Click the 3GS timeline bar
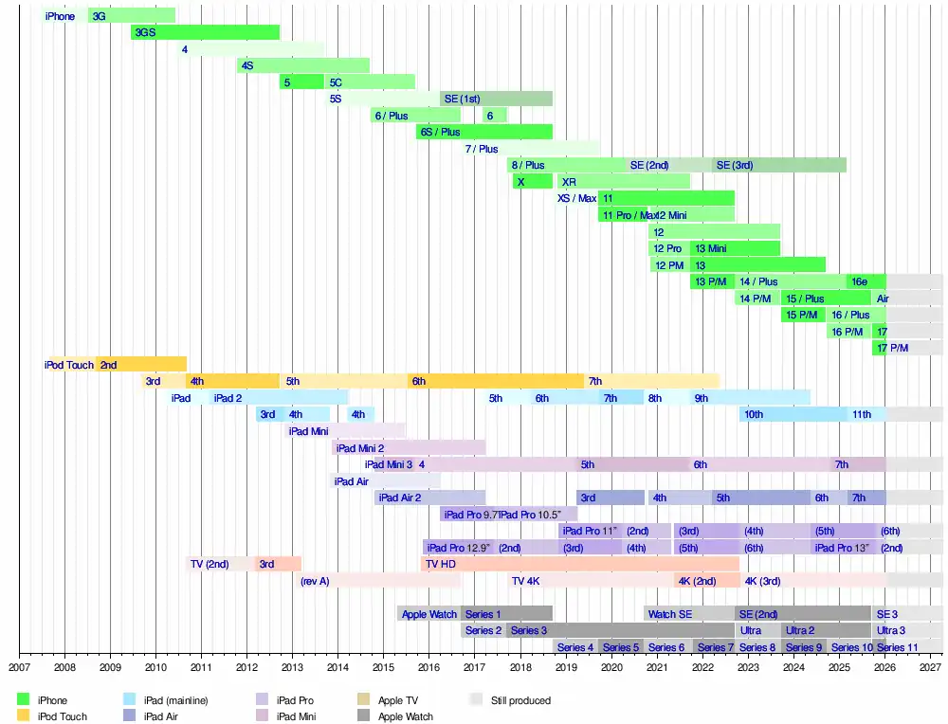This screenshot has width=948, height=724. point(205,32)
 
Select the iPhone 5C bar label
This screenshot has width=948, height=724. point(336,82)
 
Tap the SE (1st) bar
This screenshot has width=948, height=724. point(496,99)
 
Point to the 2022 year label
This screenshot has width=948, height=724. point(702,666)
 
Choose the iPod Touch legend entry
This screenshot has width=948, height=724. point(63,716)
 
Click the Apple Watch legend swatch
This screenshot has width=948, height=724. point(364,716)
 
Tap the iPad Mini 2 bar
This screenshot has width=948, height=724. point(409,448)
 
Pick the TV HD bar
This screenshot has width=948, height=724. point(579,564)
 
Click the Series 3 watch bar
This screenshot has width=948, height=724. point(620,630)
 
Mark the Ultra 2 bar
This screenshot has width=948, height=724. point(825,630)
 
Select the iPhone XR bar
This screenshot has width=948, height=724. point(622,182)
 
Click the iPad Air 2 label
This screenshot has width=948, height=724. point(400,498)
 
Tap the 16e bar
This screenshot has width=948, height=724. point(866,281)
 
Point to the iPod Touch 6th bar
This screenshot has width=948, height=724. point(496,381)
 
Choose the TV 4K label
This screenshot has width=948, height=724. point(525,581)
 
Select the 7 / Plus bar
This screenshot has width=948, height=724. point(530,149)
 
